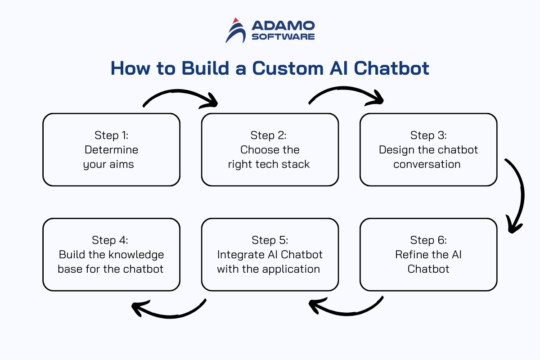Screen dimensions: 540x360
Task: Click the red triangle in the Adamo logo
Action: tap(236, 21)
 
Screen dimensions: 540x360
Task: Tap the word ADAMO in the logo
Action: tap(283, 26)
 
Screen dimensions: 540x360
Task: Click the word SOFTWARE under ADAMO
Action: tap(283, 36)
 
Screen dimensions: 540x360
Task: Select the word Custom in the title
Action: tap(288, 68)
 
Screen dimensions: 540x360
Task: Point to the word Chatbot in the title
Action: tap(391, 68)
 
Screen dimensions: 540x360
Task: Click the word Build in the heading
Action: tap(205, 68)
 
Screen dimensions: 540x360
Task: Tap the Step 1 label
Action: tap(112, 135)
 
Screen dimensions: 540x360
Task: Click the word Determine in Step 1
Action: tap(112, 150)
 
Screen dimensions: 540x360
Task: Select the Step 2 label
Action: tap(268, 135)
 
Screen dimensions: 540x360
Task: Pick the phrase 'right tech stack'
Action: tap(269, 164)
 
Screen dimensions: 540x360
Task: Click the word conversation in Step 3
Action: tap(427, 164)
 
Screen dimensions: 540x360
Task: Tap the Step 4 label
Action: tap(110, 240)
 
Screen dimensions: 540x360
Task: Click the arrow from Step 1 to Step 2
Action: tap(178, 91)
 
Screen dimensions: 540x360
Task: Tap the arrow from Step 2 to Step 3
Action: tap(345, 88)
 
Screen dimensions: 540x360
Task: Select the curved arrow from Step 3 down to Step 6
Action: tap(522, 195)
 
